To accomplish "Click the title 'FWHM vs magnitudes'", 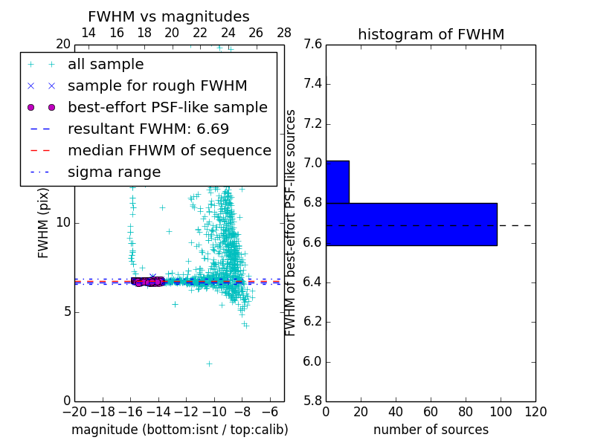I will (169, 16).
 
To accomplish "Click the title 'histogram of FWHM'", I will (431, 34).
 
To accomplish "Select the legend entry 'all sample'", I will (106, 65).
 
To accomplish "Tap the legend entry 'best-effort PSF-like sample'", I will (167, 107).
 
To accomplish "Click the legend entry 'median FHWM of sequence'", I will (169, 150).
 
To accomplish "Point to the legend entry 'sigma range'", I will (114, 172).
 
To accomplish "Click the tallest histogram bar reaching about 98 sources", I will (411, 224).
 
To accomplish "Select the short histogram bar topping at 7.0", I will (337, 182).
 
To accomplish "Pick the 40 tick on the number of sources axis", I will (396, 411).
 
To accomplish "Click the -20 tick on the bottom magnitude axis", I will (74, 411).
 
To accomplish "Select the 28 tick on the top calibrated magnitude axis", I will (284, 33).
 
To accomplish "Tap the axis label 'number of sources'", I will (431, 430).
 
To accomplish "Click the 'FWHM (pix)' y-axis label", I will (44, 222).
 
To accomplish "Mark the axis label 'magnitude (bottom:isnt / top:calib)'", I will (179, 430).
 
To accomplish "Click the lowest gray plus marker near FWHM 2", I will (209, 363).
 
